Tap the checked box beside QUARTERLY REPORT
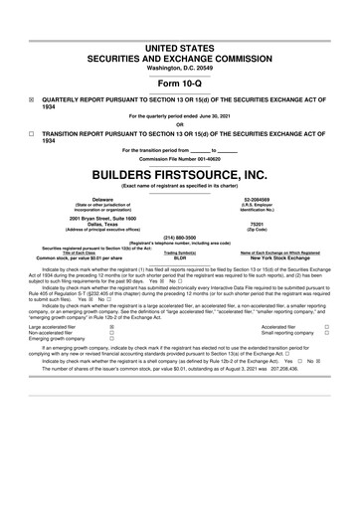pos(32,100)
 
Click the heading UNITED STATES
pos(180,48)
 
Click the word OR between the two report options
pos(180,123)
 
